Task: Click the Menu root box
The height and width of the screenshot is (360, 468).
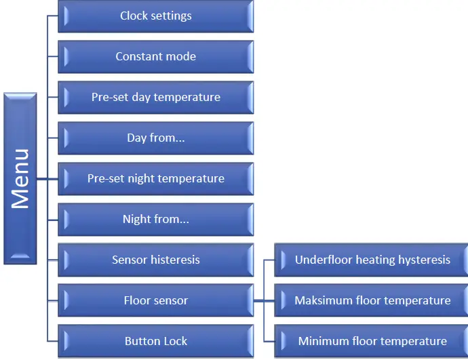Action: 20,178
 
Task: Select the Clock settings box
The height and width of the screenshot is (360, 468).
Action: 156,16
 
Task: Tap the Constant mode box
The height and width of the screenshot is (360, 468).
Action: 156,57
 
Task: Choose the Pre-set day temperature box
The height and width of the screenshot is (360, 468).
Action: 156,98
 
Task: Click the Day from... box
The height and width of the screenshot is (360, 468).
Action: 156,138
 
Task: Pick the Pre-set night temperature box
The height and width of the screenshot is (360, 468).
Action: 156,179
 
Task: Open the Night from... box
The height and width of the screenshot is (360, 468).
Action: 156,220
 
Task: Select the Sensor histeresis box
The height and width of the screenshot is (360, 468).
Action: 156,260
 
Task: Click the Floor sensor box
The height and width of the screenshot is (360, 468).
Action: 156,300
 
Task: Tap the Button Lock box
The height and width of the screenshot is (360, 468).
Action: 156,341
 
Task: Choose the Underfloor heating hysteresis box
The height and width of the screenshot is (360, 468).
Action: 372,260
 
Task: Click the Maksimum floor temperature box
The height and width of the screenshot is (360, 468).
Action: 372,300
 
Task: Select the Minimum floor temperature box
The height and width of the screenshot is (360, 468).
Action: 372,341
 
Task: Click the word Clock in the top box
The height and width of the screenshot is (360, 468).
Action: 134,16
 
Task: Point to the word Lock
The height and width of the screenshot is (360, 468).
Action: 174,341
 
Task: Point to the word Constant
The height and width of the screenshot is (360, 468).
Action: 138,57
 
